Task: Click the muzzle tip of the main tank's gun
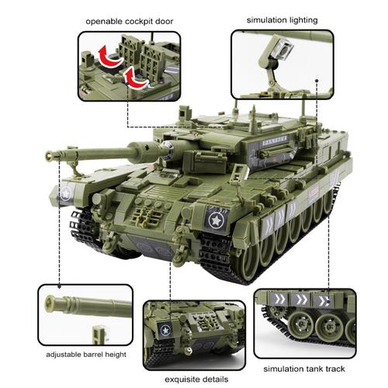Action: [53, 156]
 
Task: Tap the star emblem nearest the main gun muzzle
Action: [68, 191]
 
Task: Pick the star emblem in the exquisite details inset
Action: [165, 330]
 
